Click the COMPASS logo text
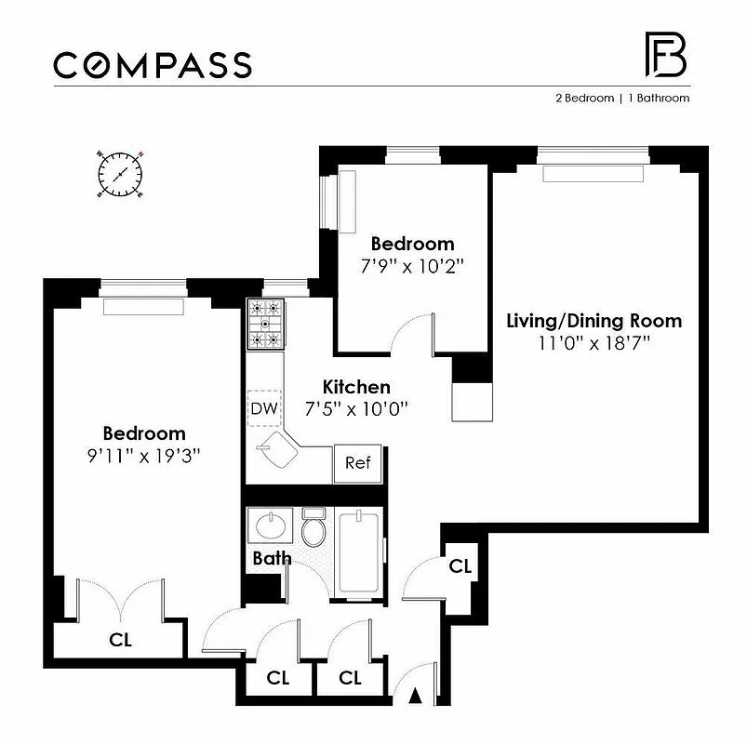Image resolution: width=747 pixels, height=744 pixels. point(152,65)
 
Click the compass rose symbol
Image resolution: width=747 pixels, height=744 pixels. point(120,174)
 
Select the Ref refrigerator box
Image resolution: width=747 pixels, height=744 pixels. point(357,462)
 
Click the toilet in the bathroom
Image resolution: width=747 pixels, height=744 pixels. point(313,528)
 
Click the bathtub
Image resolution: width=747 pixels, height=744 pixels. point(358,552)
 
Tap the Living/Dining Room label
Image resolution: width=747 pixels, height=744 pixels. point(594,321)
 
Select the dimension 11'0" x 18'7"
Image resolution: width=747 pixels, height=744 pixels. point(594,342)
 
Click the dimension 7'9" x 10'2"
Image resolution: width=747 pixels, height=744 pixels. point(412,264)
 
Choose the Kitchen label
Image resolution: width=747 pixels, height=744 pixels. point(356,387)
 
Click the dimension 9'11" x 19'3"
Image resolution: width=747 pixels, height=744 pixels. point(143,455)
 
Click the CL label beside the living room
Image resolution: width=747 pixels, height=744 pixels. point(460,565)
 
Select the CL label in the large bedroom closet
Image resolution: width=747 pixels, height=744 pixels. point(120,640)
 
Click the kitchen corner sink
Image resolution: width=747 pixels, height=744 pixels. point(277,454)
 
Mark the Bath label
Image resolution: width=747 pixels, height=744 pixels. point(272,559)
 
